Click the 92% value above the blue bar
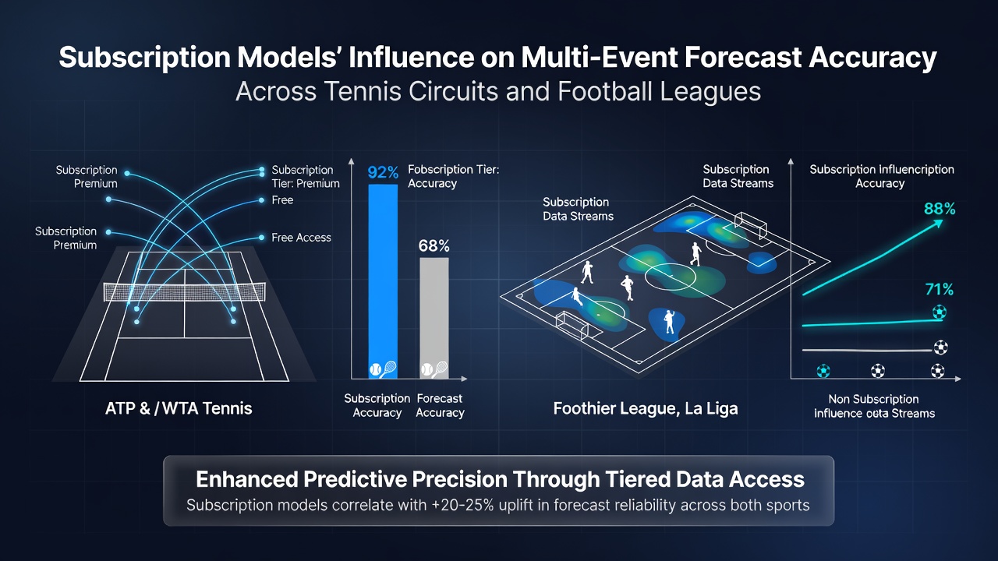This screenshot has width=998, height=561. (383, 172)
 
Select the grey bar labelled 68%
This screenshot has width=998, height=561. (434, 318)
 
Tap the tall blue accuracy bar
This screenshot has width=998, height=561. (383, 281)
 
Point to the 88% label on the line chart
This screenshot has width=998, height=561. (940, 208)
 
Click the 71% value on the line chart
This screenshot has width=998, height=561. (940, 289)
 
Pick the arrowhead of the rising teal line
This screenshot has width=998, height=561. (938, 223)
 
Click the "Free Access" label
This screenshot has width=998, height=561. (301, 238)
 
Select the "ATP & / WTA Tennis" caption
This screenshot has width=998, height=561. (179, 408)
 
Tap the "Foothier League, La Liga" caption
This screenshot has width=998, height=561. (646, 408)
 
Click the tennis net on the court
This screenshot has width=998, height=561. (185, 292)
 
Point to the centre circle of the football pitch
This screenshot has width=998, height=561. (670, 277)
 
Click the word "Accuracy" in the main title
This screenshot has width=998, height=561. (872, 58)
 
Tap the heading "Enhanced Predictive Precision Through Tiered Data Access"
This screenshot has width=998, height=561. (500, 479)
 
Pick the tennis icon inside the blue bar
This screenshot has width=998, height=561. (383, 369)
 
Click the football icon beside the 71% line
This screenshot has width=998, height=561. (940, 312)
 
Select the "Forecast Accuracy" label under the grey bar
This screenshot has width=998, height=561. (440, 406)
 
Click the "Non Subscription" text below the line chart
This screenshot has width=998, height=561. (873, 399)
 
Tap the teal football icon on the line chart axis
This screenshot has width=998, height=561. (823, 371)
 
